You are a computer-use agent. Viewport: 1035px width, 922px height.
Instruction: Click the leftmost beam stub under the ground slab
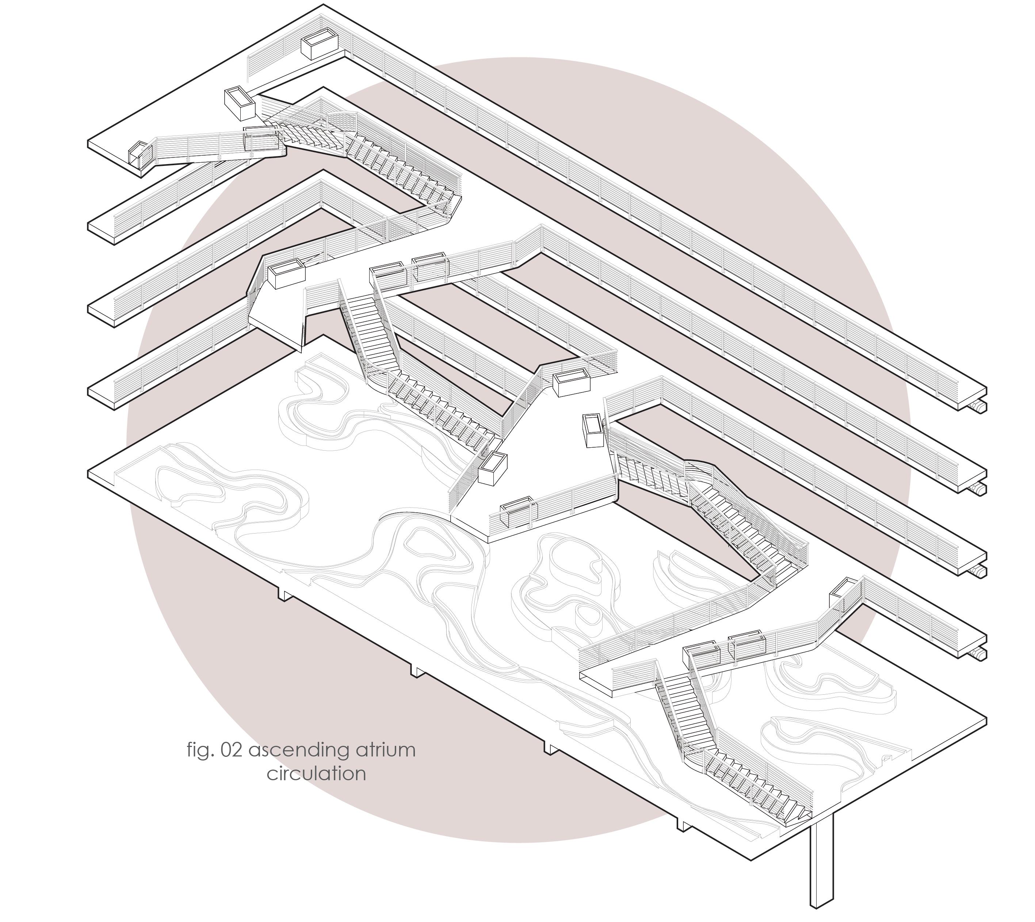click(284, 593)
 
